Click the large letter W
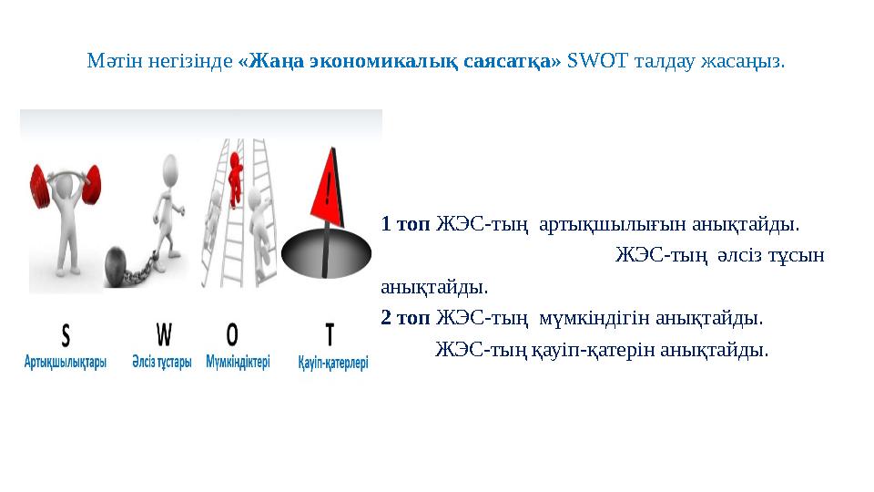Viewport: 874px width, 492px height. [x=163, y=336]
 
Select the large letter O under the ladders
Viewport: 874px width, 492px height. [x=234, y=336]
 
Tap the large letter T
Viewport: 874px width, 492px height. [x=329, y=336]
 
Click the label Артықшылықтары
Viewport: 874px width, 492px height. [x=66, y=362]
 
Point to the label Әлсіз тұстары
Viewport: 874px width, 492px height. [x=162, y=362]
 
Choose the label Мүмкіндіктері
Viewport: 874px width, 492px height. [x=238, y=362]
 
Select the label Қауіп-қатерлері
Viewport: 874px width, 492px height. [x=332, y=362]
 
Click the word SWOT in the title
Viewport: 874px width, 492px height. [x=590, y=63]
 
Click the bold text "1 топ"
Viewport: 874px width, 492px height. [x=405, y=223]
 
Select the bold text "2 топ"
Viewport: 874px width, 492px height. [x=405, y=318]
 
